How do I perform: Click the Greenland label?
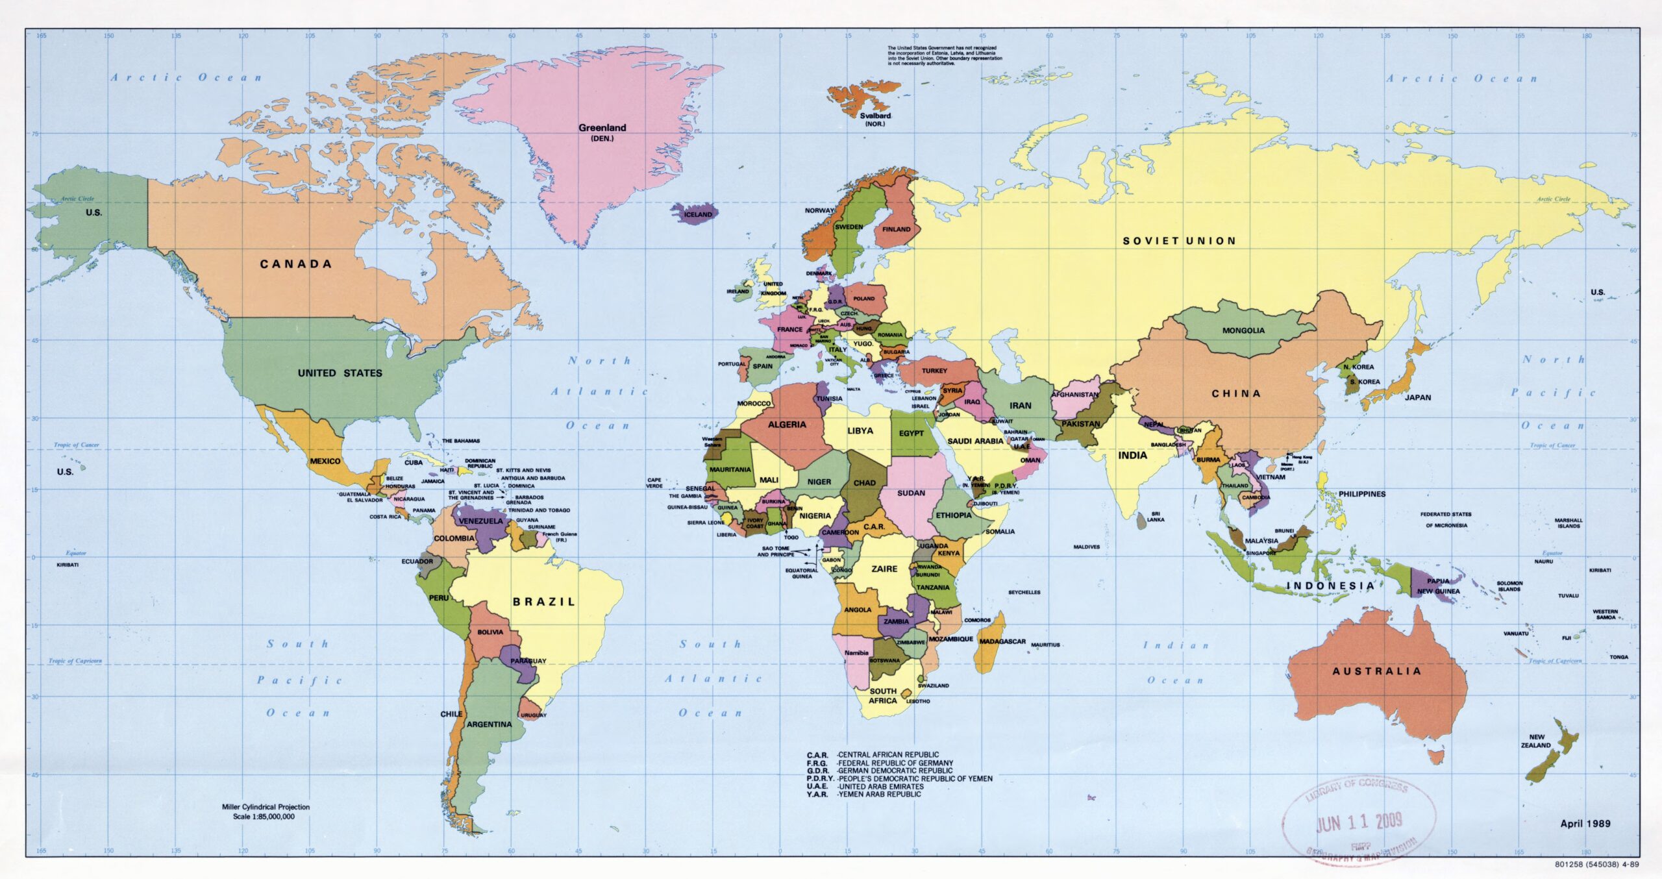tap(602, 128)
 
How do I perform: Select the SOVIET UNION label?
tap(1179, 241)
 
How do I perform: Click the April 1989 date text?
tap(1585, 823)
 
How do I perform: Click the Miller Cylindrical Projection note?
tap(266, 807)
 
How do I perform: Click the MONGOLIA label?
tap(1243, 330)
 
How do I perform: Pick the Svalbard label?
tap(875, 116)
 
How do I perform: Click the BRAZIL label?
tap(544, 602)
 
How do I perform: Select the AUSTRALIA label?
tap(1376, 671)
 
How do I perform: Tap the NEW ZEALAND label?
tap(1536, 741)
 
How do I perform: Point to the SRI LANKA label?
tap(1155, 516)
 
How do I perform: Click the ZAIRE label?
tap(884, 569)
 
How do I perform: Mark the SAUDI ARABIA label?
tap(975, 441)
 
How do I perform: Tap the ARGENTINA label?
tap(489, 724)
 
